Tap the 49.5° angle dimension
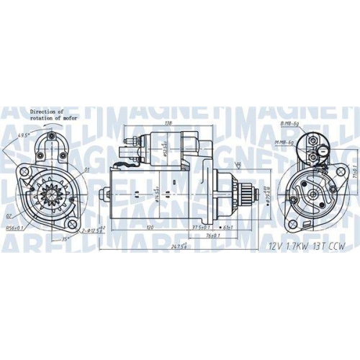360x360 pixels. pos(22,135)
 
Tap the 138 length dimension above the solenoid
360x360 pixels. pos(170,124)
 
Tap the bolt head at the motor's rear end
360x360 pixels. pos(105,193)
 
